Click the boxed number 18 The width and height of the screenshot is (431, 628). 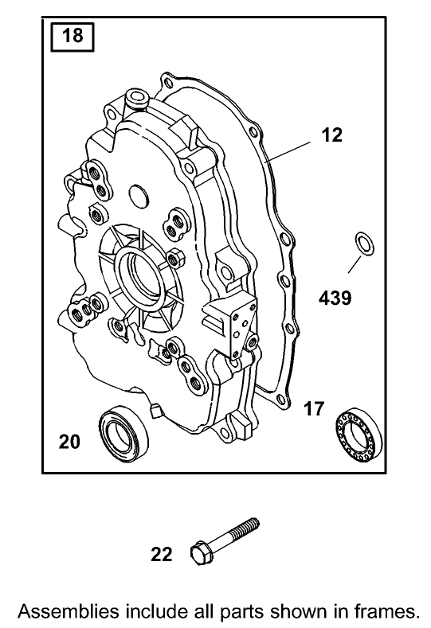click(x=72, y=37)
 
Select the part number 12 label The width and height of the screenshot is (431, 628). click(x=331, y=135)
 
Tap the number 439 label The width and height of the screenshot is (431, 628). click(x=335, y=298)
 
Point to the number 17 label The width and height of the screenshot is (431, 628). click(x=314, y=409)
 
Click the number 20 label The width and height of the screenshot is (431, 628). click(x=69, y=441)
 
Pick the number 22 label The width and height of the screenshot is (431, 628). click(x=161, y=555)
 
